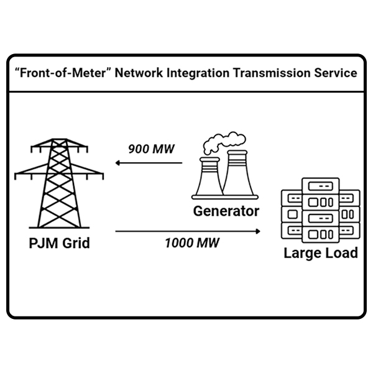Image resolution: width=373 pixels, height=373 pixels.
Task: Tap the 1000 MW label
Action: coord(191,242)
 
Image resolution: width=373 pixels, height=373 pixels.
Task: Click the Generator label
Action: coord(226,211)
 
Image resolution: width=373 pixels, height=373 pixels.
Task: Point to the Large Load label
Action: coord(320,253)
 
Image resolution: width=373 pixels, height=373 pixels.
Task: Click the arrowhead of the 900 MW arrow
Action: coord(117,164)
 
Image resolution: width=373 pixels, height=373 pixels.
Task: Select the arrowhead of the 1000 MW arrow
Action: coord(257,231)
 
